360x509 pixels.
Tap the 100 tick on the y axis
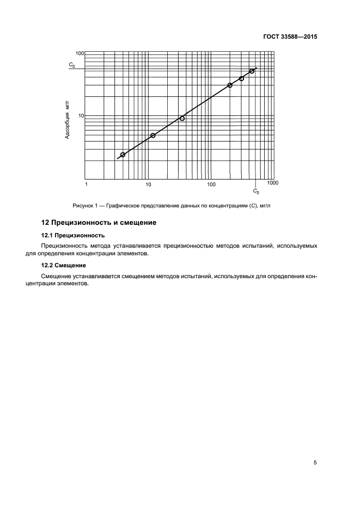[x=80, y=53]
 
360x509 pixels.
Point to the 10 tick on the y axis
[x=81, y=116]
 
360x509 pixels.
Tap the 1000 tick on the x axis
[x=273, y=183]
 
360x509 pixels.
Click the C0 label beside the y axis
[x=72, y=65]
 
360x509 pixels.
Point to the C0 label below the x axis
[x=256, y=191]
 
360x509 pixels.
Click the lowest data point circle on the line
[x=123, y=155]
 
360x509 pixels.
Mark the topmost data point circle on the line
[x=252, y=71]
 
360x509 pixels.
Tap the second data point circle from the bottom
[x=152, y=136]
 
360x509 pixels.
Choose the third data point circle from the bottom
[x=182, y=118]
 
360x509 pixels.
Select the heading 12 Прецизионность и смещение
[x=99, y=223]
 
